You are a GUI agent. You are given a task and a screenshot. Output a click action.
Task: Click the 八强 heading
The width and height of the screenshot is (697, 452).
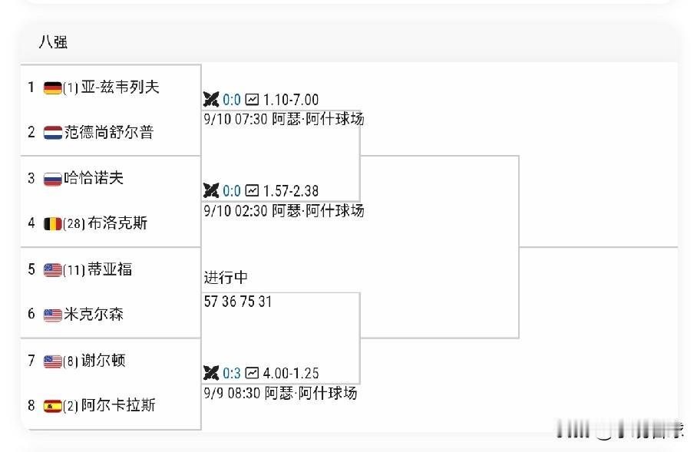53,42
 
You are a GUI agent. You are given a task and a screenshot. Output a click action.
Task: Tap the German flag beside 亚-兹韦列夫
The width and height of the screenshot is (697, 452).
52,88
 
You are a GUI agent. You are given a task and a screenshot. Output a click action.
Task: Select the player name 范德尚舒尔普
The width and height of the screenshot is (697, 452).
109,132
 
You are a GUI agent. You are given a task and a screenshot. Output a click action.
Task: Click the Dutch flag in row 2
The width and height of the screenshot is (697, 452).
52,133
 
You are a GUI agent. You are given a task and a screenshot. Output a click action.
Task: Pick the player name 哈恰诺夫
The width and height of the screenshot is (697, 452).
94,178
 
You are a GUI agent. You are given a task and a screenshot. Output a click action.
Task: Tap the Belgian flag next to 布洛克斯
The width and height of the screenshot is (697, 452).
52,223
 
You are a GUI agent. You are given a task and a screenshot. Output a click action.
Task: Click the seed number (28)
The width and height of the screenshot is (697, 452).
74,223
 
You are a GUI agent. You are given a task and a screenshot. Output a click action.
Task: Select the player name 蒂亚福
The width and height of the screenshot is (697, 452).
110,269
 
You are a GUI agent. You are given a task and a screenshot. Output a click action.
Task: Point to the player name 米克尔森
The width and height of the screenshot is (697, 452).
94,314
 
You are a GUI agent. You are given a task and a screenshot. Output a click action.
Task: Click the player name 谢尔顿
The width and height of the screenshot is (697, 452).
103,360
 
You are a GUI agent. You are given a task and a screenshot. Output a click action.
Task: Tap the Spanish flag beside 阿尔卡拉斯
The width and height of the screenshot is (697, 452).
52,406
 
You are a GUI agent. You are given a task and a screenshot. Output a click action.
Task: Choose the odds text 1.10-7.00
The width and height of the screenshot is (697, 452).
291,100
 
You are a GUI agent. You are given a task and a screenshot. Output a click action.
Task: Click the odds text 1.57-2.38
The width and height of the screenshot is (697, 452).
291,191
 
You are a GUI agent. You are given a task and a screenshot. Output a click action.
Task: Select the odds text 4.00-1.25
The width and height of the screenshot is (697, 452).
291,373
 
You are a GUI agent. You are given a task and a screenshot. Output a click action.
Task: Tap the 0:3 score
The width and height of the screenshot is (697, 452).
232,373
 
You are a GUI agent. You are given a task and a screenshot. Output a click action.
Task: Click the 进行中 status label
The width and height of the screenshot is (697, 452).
226,278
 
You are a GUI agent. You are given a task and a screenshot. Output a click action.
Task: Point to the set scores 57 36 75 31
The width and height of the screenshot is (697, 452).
238,302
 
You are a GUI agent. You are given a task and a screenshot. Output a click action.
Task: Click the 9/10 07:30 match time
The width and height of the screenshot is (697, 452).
236,120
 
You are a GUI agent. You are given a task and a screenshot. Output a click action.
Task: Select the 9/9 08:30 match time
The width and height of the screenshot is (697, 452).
232,394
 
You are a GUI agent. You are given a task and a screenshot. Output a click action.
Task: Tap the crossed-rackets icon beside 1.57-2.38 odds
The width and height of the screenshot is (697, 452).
210,191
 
